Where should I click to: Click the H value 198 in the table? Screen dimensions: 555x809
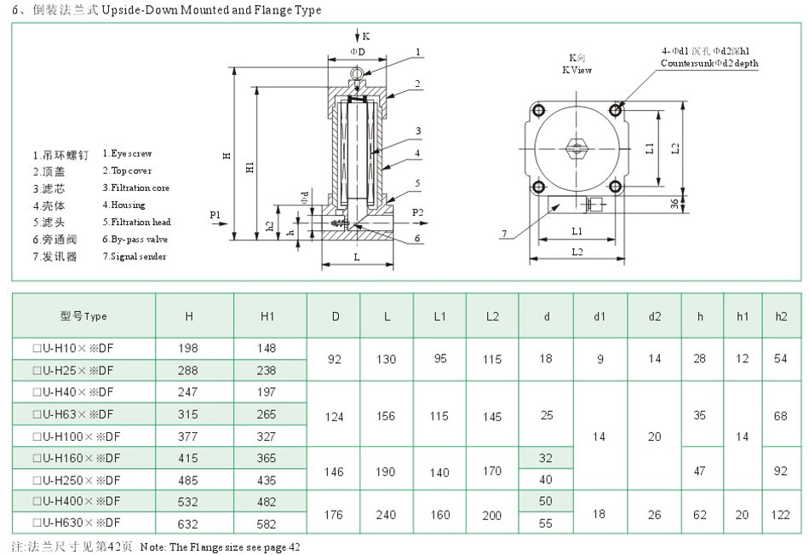189,348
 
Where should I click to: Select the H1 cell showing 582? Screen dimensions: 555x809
267,523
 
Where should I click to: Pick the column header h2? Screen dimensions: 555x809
781,316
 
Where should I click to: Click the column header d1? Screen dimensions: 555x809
600,316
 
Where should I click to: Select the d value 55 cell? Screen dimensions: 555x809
546,523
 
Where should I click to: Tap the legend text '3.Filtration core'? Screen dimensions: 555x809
135,188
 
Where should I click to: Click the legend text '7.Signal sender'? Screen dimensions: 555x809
135,256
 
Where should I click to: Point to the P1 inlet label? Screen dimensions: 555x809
215,213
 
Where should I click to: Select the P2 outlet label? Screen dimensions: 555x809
417,211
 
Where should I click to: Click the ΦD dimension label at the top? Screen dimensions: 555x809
358,52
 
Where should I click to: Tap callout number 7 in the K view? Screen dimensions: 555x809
504,233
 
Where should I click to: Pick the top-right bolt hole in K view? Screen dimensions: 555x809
616,110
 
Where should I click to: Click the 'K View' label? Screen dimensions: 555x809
577,70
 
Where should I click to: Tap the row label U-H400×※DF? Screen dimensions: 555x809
76,501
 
